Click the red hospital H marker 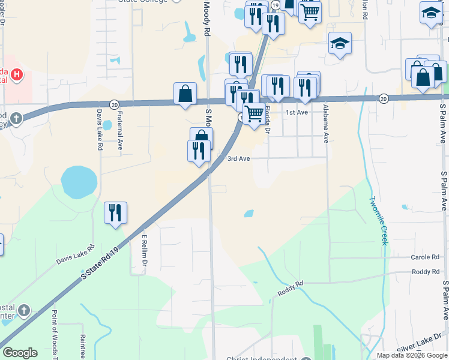click(x=17, y=76)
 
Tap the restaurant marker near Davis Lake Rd click(x=115, y=214)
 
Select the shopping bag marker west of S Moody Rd click(x=185, y=94)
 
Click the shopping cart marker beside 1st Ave click(x=255, y=113)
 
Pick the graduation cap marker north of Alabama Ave click(x=340, y=44)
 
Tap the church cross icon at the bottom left click(x=23, y=310)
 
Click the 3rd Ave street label click(x=238, y=158)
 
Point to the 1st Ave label click(x=297, y=112)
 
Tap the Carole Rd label click(x=425, y=257)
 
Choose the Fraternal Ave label click(x=120, y=131)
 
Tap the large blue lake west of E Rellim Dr click(x=79, y=182)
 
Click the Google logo click(x=20, y=353)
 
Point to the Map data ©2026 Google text click(x=411, y=355)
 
